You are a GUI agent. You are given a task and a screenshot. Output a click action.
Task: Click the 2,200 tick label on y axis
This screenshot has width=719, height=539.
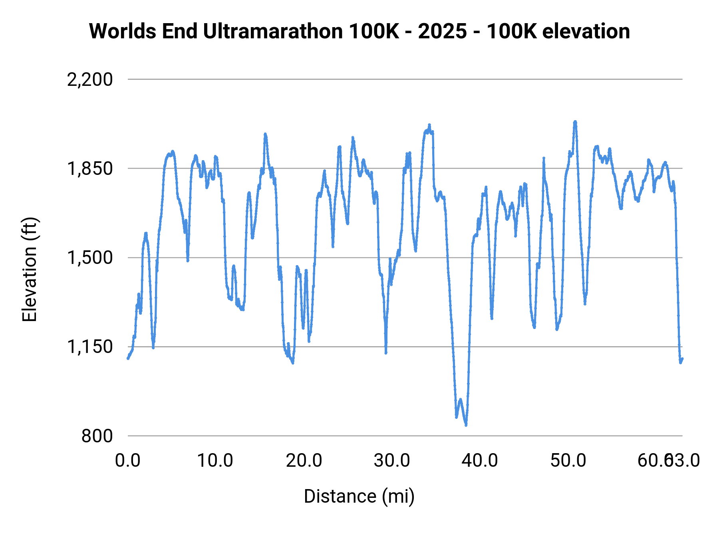pyautogui.click(x=90, y=80)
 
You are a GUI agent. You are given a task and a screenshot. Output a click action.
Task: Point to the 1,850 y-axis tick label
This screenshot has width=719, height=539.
pyautogui.click(x=90, y=169)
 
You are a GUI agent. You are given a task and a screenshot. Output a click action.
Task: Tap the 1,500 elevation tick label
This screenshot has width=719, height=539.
pyautogui.click(x=90, y=258)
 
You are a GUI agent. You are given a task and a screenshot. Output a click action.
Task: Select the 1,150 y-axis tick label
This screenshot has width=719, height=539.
pyautogui.click(x=90, y=347)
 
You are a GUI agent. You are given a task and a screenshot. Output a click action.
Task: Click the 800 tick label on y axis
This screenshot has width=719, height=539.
pyautogui.click(x=97, y=436)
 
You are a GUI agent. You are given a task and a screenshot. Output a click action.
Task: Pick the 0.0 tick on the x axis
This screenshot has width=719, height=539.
pyautogui.click(x=128, y=461)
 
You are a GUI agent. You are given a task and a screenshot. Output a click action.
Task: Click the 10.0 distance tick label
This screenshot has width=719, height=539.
pyautogui.click(x=215, y=461)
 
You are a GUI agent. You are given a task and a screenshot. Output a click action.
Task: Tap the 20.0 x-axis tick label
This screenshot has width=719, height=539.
pyautogui.click(x=304, y=461)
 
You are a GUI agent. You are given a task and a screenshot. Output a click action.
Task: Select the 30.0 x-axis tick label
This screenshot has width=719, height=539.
pyautogui.click(x=392, y=461)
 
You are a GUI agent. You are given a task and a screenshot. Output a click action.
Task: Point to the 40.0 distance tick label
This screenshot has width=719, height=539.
pyautogui.click(x=480, y=461)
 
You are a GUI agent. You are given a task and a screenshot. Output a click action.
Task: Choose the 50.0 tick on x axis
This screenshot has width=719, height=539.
pyautogui.click(x=568, y=461)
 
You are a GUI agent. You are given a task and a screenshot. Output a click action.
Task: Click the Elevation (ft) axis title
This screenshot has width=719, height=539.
pyautogui.click(x=30, y=269)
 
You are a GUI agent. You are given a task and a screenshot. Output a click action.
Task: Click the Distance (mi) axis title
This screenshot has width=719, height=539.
pyautogui.click(x=359, y=496)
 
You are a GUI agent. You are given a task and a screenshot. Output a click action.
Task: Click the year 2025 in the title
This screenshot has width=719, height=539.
pyautogui.click(x=443, y=31)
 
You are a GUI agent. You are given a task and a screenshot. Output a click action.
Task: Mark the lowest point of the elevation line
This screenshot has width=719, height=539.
pyautogui.click(x=466, y=425)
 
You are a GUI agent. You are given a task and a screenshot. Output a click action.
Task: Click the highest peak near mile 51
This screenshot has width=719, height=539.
pyautogui.click(x=575, y=121)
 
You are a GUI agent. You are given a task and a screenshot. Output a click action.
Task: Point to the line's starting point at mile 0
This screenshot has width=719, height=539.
pyautogui.click(x=128, y=358)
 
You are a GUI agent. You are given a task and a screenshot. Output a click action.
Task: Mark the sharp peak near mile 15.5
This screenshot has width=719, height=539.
pyautogui.click(x=265, y=134)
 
